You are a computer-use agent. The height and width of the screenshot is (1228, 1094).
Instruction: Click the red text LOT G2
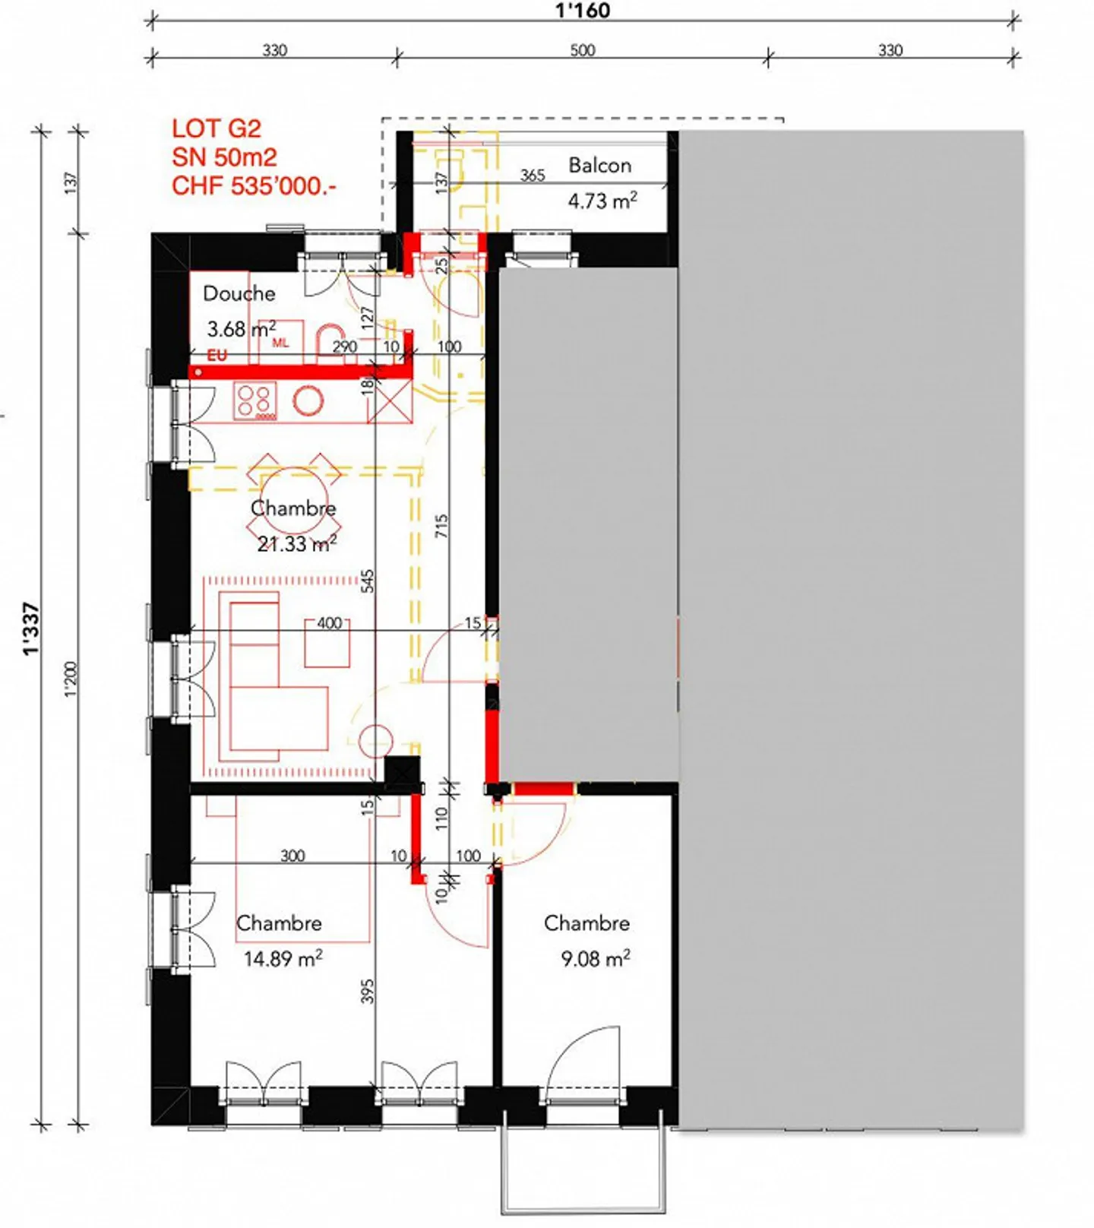[x=216, y=128]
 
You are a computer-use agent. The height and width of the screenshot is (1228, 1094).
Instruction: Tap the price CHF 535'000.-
[x=253, y=185]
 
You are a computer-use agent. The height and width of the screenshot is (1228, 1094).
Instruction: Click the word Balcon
[x=599, y=165]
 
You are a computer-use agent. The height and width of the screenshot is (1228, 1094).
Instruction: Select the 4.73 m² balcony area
[x=602, y=201]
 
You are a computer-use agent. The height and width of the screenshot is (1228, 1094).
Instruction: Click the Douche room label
[x=239, y=293]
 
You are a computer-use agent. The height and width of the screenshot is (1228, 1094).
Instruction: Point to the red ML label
[x=280, y=343]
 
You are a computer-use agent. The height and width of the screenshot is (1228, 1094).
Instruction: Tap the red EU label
[x=217, y=355]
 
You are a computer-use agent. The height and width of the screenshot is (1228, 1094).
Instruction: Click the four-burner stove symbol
[x=255, y=402]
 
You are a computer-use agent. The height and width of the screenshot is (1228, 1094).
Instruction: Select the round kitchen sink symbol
[x=308, y=400]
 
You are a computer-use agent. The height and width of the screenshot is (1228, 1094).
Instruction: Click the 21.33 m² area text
[x=296, y=543]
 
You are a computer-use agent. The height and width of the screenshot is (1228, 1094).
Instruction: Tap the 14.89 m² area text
[x=283, y=958]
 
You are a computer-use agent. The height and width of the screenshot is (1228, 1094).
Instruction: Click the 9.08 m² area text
[x=595, y=958]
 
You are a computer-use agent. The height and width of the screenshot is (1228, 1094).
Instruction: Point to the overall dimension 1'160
[x=582, y=11]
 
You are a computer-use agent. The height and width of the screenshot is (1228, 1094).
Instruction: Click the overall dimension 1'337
[x=30, y=628]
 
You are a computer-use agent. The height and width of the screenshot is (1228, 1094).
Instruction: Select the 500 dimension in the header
[x=582, y=50]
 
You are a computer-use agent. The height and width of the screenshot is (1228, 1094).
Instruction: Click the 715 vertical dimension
[x=441, y=526]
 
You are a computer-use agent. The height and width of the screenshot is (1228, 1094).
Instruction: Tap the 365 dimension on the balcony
[x=532, y=176]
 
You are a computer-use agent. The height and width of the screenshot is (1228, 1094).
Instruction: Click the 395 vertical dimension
[x=367, y=991]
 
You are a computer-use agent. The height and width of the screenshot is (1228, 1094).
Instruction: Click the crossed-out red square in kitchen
[x=390, y=401]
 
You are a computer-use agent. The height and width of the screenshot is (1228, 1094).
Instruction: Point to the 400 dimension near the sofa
[x=329, y=623]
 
